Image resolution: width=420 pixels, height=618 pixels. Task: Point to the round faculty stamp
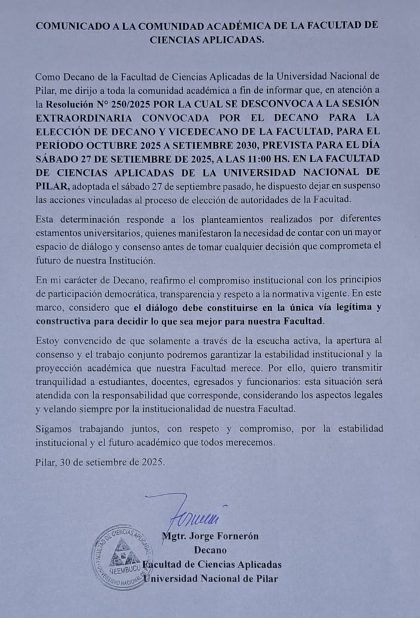(x=122, y=557)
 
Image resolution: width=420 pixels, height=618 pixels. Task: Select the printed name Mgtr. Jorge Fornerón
(x=210, y=536)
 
